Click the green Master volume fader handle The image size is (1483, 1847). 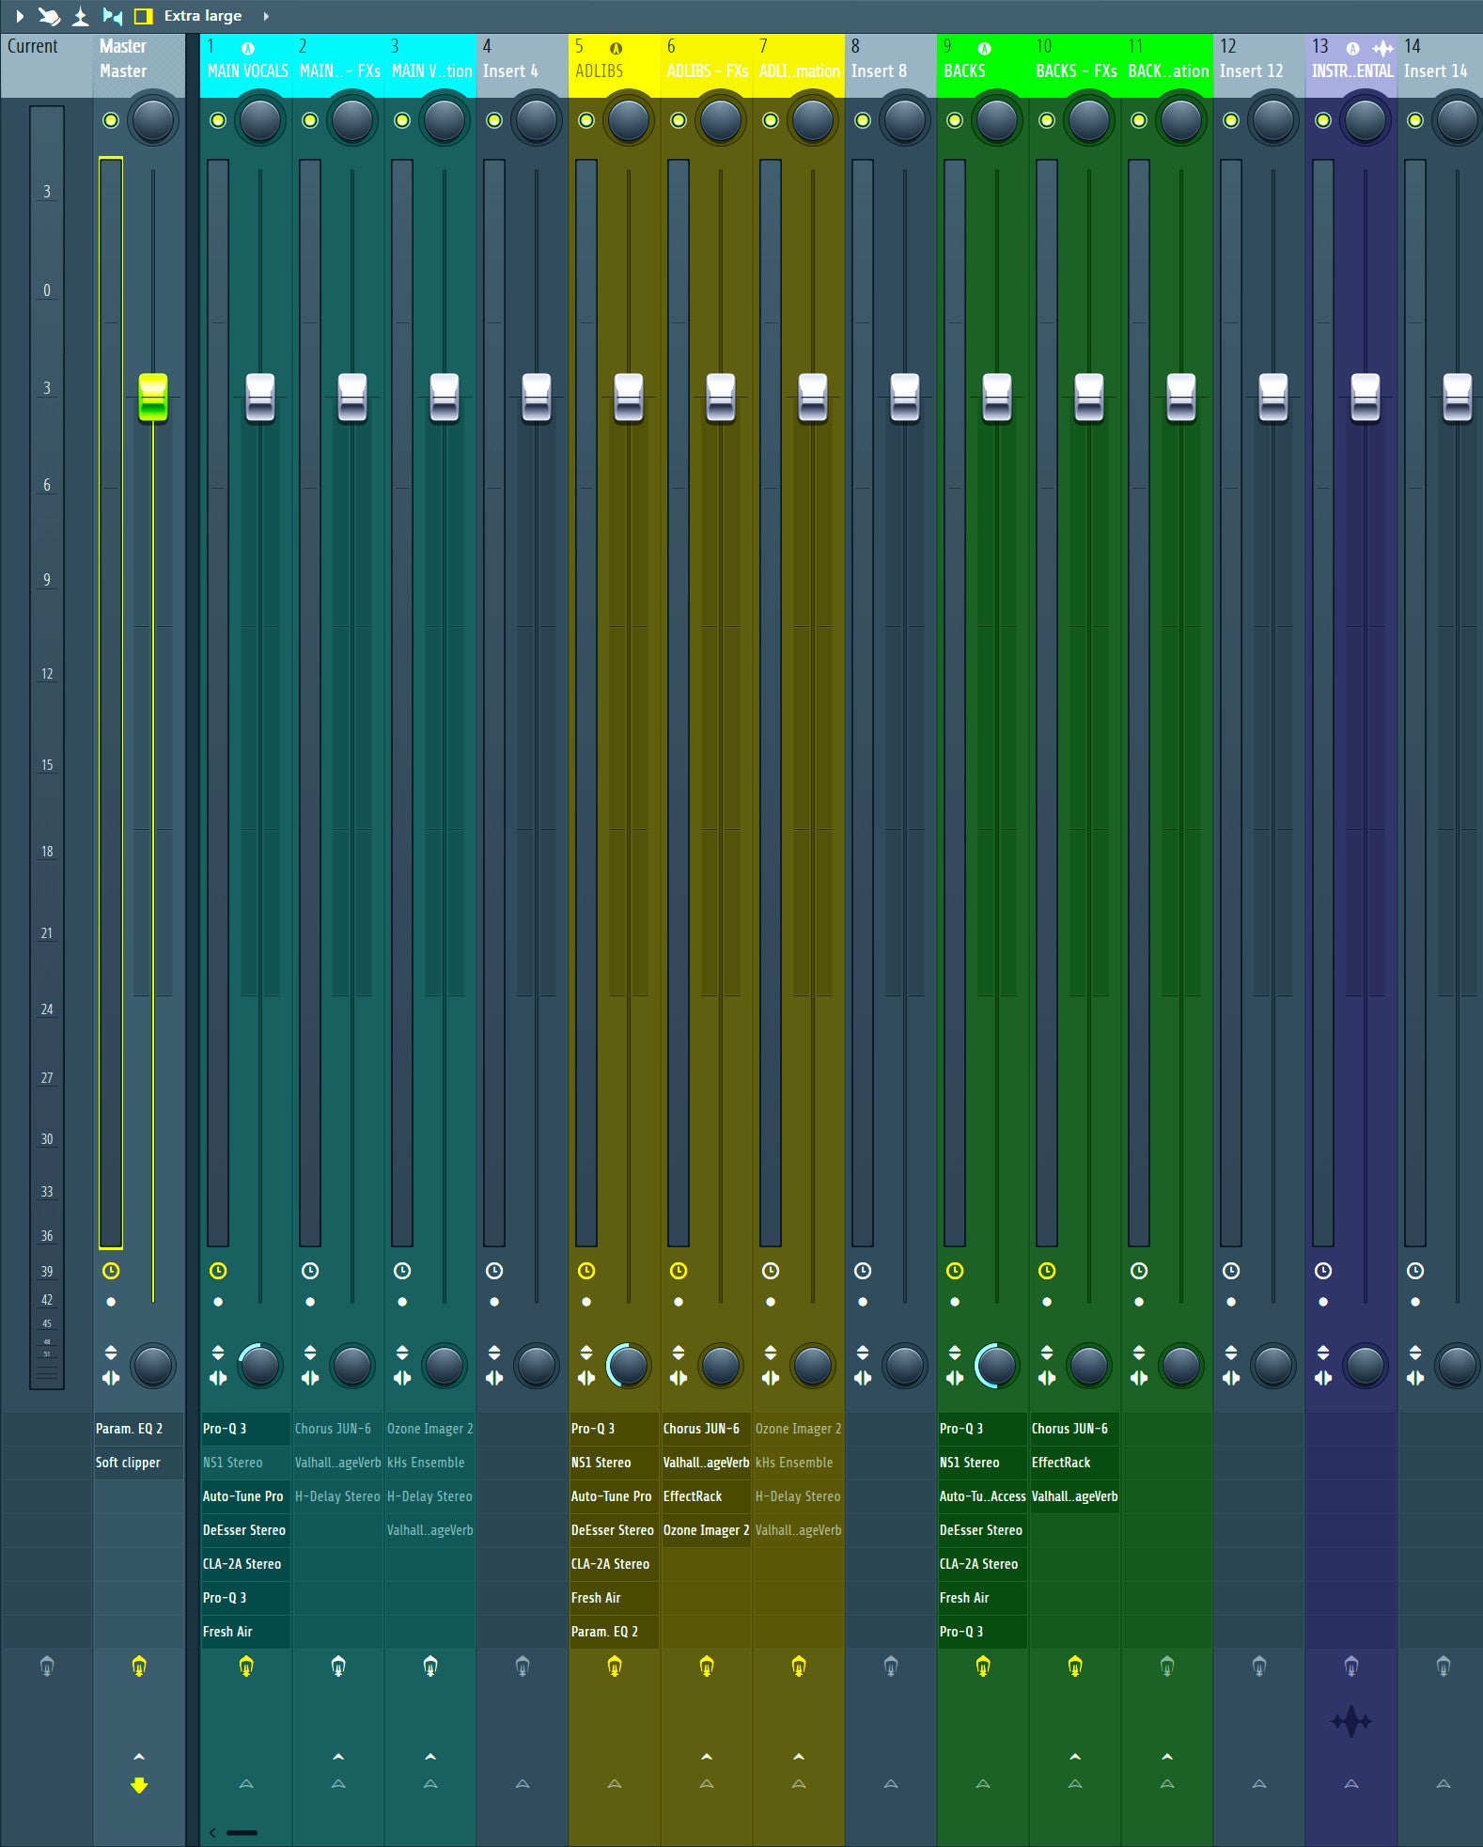click(x=152, y=397)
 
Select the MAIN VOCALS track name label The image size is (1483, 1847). click(x=247, y=70)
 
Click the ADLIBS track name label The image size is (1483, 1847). click(x=600, y=70)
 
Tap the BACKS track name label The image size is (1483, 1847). click(x=964, y=70)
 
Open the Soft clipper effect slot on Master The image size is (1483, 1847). click(x=129, y=1463)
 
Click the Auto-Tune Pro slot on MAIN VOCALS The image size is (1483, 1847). click(x=242, y=1496)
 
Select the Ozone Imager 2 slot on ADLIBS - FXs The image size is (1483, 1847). click(x=706, y=1530)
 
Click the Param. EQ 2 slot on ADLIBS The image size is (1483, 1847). click(x=604, y=1632)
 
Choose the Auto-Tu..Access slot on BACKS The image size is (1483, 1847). click(x=982, y=1496)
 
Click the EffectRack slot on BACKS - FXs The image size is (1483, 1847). click(x=1061, y=1463)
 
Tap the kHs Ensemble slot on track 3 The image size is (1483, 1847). click(x=426, y=1463)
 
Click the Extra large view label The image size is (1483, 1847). click(x=202, y=16)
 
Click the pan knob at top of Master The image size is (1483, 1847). click(x=153, y=120)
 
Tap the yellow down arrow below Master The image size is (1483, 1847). click(x=139, y=1785)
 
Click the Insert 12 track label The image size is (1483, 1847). click(x=1251, y=70)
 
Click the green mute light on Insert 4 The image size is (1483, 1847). click(x=494, y=120)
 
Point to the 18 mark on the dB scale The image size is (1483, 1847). click(x=47, y=852)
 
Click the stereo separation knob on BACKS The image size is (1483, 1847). click(x=996, y=1366)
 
